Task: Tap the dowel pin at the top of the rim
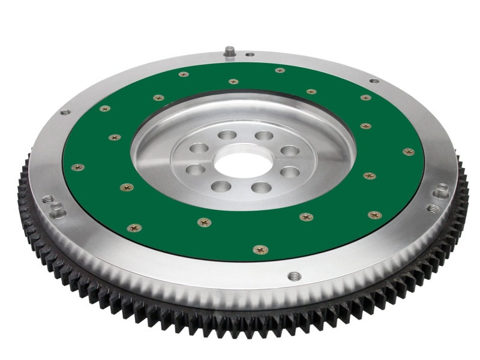[x=229, y=52]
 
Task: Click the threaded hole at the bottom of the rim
[x=293, y=276]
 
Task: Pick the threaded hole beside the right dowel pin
[x=433, y=209]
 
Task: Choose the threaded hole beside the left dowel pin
[x=47, y=199]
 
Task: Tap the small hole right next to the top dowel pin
[x=250, y=55]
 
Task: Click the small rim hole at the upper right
[x=374, y=80]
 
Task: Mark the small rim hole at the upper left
[x=65, y=112]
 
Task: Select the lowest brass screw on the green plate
[x=260, y=249]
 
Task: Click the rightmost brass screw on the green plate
[x=409, y=152]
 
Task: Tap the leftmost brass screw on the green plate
[x=77, y=167]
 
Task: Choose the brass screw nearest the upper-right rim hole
[x=365, y=97]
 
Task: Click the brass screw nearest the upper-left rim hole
[x=105, y=109]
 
